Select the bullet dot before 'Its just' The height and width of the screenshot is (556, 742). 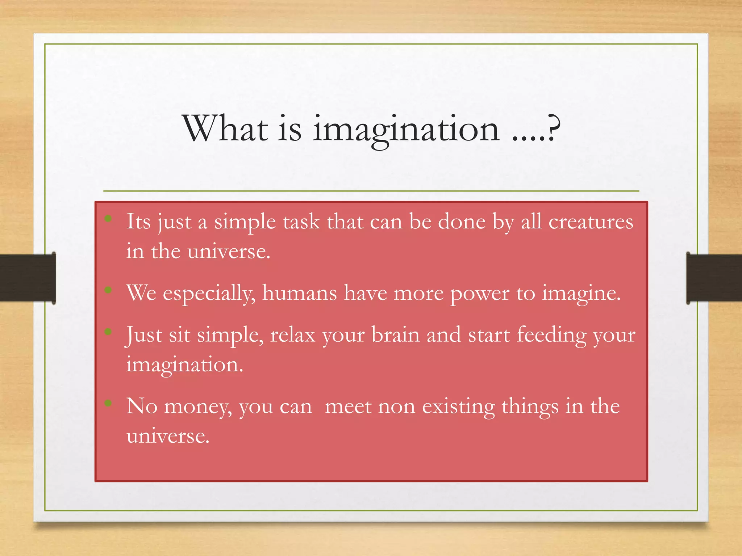[108, 218]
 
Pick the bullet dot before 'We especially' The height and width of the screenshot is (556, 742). [108, 290]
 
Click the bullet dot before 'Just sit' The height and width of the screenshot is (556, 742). [108, 332]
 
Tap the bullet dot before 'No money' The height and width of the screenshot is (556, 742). [108, 403]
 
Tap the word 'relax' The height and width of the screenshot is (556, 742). [293, 334]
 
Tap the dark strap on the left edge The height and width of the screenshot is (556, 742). [28, 278]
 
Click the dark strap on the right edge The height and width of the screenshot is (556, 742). [714, 278]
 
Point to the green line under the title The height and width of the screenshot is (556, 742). [371, 191]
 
